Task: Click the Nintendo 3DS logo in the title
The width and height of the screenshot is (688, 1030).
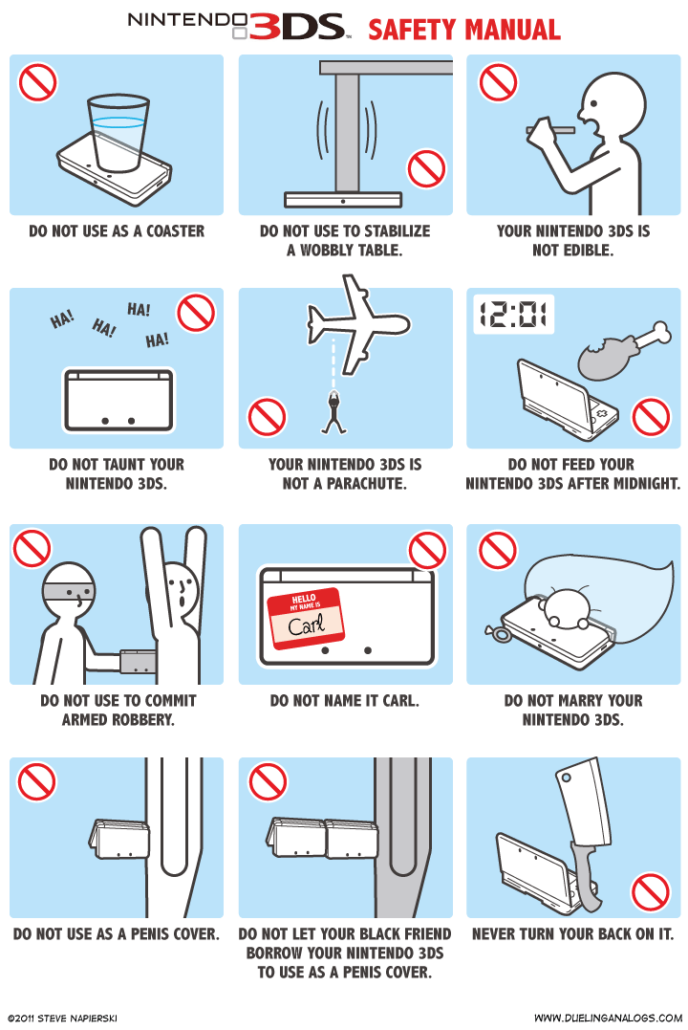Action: (236, 27)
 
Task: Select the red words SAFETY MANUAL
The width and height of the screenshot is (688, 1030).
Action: (464, 30)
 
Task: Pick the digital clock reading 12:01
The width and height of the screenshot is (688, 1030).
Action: (514, 314)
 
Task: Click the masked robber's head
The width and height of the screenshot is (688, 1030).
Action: (74, 592)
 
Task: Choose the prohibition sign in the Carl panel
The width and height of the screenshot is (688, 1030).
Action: (427, 550)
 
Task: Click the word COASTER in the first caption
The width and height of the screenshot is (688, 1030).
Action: (175, 230)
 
